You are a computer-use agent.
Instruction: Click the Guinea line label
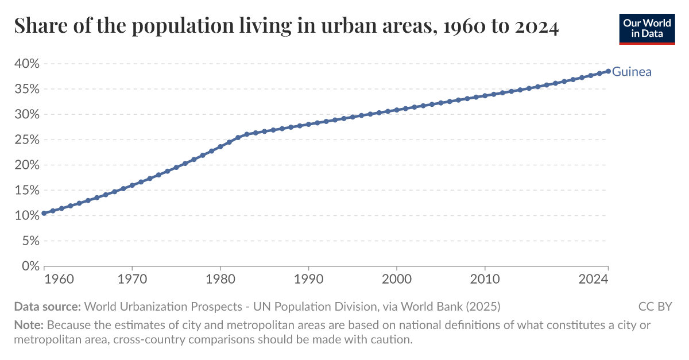[632, 72]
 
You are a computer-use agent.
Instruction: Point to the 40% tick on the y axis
[25, 64]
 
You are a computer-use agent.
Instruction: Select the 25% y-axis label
[25, 140]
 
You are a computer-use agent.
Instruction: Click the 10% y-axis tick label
[25, 215]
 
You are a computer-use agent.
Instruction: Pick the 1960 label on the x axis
[59, 280]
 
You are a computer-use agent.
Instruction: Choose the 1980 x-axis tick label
[220, 280]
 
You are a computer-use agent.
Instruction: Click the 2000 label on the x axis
[397, 280]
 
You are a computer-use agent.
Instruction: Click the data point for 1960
[44, 213]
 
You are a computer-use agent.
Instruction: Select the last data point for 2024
[608, 71]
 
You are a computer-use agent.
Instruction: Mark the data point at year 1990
[308, 125]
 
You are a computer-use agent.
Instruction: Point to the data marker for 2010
[485, 96]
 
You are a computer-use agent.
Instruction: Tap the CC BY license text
[655, 306]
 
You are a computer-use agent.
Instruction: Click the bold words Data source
[48, 306]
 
